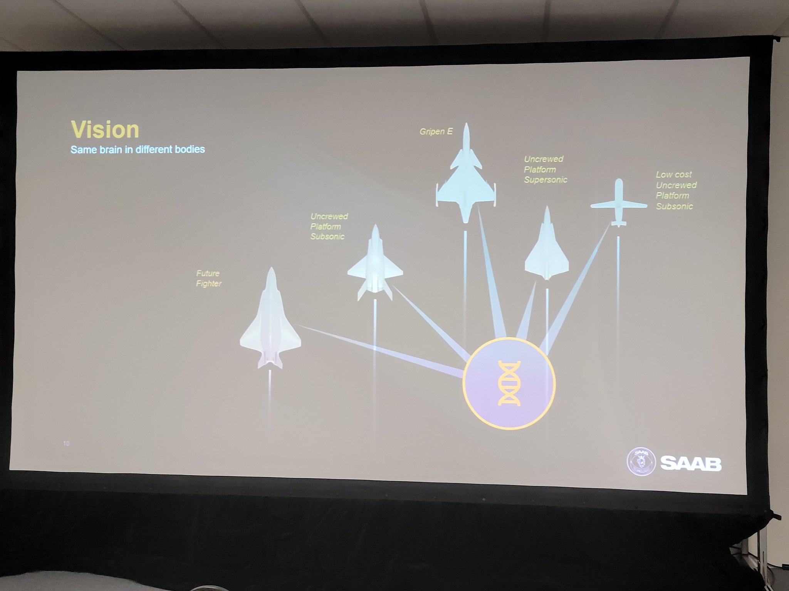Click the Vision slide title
coord(105,130)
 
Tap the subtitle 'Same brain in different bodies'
coord(138,149)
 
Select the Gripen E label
coord(436,132)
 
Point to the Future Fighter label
coord(209,279)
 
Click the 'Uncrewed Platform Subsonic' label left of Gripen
coord(329,227)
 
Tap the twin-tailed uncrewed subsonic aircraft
coord(375,263)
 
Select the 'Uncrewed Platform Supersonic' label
coord(546,169)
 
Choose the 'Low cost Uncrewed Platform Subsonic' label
coord(676,190)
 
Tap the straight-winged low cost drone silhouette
coord(619,203)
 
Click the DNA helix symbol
coord(509,383)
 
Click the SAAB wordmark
coord(691,463)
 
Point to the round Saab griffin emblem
coord(641,462)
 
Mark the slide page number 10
coord(66,444)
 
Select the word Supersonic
coord(546,180)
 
